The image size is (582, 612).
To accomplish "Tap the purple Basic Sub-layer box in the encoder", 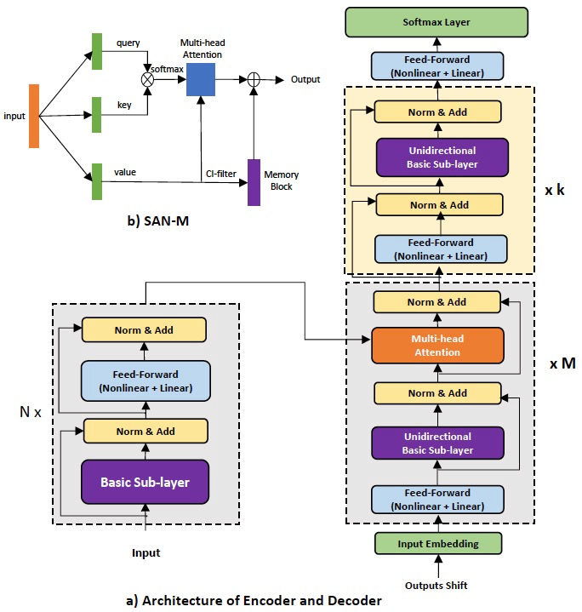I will [145, 482].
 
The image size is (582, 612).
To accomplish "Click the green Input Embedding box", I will [437, 543].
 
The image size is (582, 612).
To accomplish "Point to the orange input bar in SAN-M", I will [34, 115].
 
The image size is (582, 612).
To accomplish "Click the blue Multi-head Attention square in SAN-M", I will [200, 79].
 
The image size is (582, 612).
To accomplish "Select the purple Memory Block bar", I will [254, 181].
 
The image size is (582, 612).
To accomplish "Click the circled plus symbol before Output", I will [253, 80].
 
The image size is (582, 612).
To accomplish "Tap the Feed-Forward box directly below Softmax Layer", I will [437, 66].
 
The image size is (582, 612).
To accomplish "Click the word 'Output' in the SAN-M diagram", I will [305, 80].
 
